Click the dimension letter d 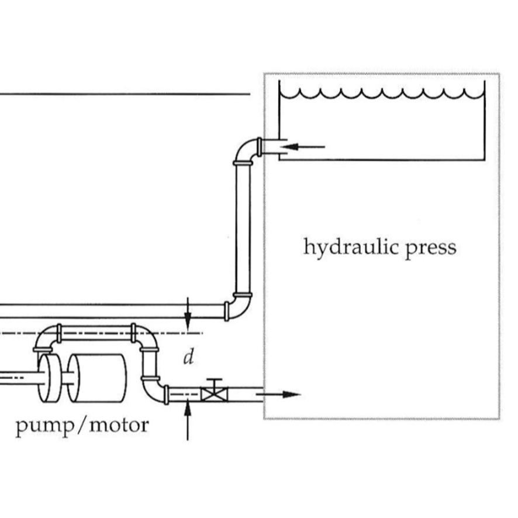pyautogui.click(x=188, y=358)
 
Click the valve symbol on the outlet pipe pyautogui.click(x=215, y=394)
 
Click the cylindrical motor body pyautogui.click(x=98, y=378)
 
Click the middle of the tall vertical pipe pyautogui.click(x=243, y=228)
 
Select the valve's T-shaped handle pyautogui.click(x=215, y=382)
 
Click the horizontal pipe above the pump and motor pyautogui.click(x=96, y=333)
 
